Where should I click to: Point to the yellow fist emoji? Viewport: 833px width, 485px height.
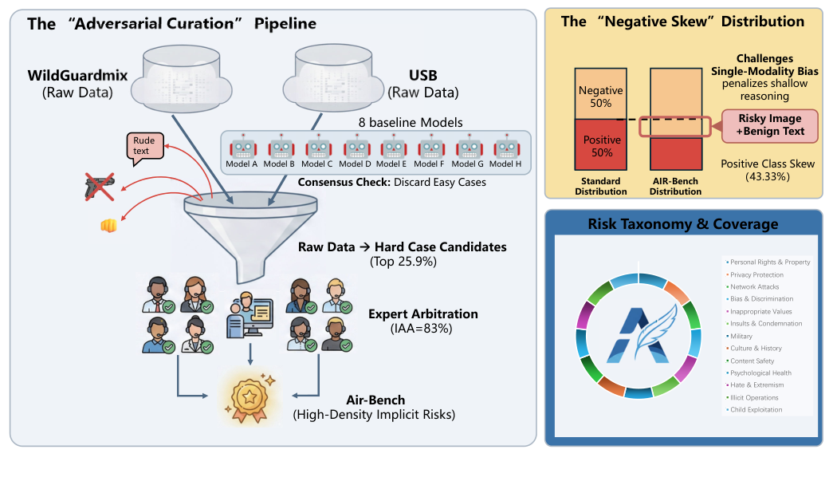(x=108, y=225)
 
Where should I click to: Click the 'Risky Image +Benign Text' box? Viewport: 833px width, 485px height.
(x=769, y=125)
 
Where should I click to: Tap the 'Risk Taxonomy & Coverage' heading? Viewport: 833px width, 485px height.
(x=682, y=224)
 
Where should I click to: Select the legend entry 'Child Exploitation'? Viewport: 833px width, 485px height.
(x=756, y=409)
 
